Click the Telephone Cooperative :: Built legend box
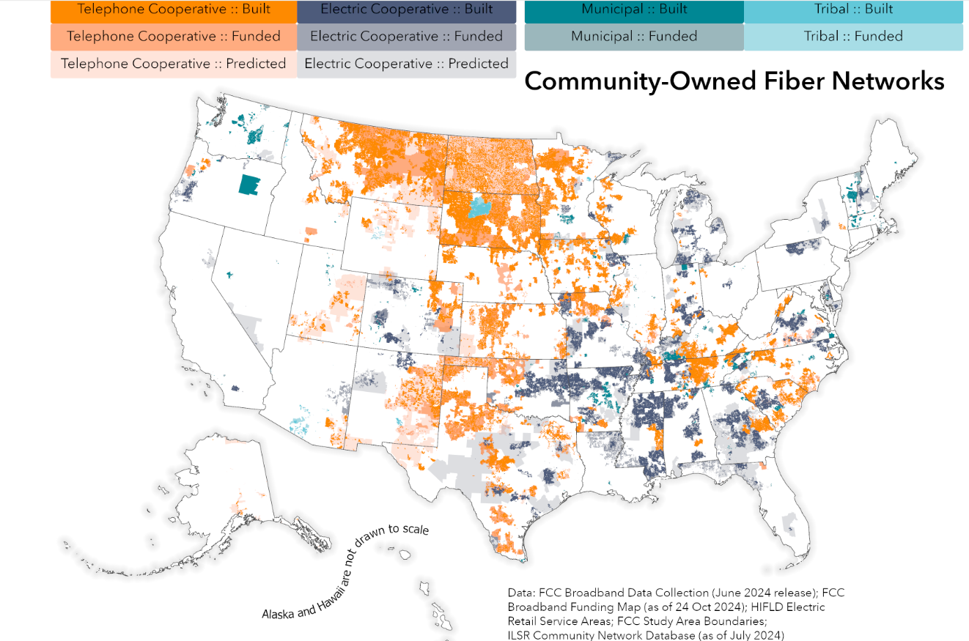coord(174,10)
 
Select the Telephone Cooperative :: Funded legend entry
coord(174,37)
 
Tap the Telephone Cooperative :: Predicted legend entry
coord(174,64)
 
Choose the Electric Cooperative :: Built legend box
coord(407,10)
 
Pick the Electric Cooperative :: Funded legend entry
coord(407,37)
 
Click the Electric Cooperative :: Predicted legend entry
coord(407,64)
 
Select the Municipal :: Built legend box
coord(634,10)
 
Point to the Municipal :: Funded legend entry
coord(634,37)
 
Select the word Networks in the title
coord(894,81)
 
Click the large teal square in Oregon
coord(250,185)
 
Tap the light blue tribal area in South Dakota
coord(480,208)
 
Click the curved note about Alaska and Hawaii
coord(345,571)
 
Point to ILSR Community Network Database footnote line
coord(646,634)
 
